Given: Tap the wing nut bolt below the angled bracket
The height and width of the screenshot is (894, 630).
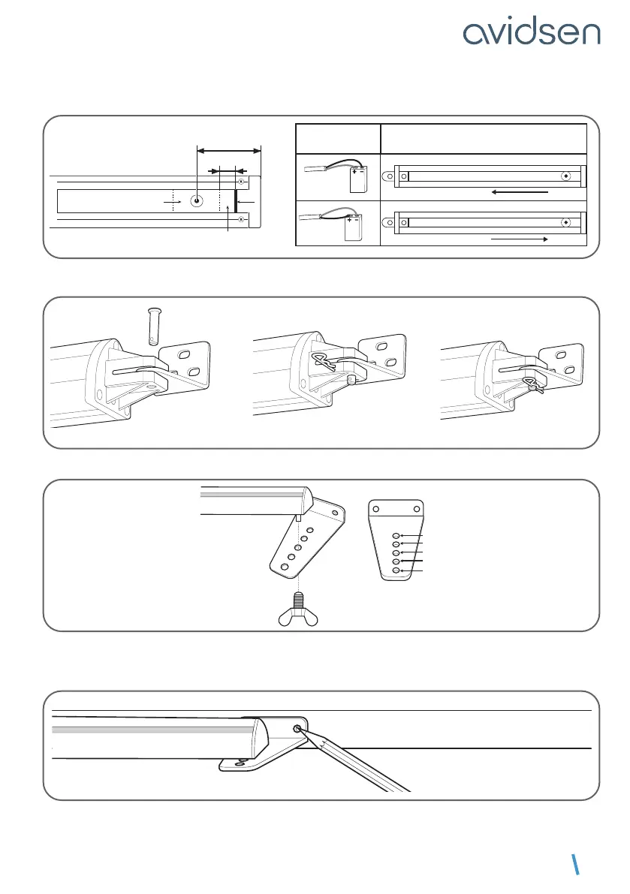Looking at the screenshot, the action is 297,609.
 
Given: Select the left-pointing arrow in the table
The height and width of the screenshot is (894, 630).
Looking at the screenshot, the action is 519,192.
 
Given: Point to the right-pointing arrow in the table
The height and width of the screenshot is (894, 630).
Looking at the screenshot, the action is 518,238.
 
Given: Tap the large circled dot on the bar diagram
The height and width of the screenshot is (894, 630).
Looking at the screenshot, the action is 196,202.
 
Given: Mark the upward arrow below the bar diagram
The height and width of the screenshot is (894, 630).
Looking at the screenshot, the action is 227,218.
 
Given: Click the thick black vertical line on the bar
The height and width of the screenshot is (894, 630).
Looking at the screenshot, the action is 236,201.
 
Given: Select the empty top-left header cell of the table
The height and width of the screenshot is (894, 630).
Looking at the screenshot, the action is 338,139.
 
